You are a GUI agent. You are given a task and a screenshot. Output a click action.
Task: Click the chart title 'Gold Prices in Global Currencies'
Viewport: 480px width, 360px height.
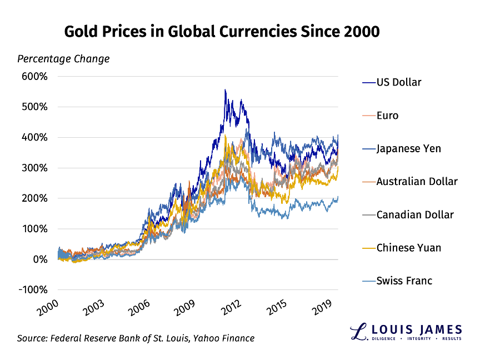(x=222, y=32)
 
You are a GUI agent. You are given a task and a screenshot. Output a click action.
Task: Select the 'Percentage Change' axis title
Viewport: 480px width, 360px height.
(x=63, y=59)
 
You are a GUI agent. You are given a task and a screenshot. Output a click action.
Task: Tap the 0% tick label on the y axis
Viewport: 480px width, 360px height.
(x=42, y=259)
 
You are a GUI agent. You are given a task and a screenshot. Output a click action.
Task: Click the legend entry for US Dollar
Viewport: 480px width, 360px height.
(x=398, y=82)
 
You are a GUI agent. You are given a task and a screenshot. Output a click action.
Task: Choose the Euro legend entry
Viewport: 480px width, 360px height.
(x=387, y=116)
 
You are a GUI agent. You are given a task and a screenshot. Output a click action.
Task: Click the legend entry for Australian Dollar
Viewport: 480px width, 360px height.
(x=417, y=182)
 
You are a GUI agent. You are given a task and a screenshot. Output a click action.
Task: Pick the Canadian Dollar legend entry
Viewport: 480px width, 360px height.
(x=414, y=214)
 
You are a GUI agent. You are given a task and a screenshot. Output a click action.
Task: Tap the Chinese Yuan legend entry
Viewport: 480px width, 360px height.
(x=408, y=248)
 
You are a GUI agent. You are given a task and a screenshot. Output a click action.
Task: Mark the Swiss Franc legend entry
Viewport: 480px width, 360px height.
(x=404, y=281)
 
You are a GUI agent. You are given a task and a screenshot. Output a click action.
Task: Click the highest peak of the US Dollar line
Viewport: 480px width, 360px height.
(x=225, y=89)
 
